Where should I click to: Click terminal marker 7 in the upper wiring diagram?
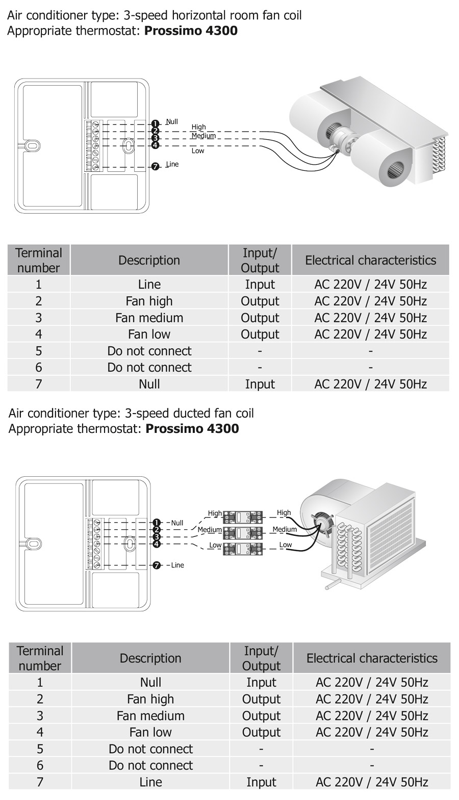[156, 166]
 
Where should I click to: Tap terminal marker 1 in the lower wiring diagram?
[157, 523]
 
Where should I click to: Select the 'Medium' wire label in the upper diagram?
[203, 136]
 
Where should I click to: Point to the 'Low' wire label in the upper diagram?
[198, 151]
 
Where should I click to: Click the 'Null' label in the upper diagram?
[172, 122]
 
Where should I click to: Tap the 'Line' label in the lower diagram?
[177, 565]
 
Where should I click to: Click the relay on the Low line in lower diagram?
[243, 548]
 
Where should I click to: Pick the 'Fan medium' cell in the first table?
[149, 318]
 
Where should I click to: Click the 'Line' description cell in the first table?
[149, 285]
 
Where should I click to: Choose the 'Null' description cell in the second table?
[150, 682]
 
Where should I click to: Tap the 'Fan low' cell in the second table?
[150, 732]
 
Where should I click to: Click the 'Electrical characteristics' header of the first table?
[370, 260]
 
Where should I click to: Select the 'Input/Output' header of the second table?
[261, 658]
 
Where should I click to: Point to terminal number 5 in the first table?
[39, 351]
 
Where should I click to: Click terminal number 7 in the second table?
[40, 782]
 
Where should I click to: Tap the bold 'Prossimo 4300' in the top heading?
[191, 31]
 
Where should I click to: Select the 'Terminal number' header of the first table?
[39, 260]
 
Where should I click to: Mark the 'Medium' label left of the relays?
[210, 530]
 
